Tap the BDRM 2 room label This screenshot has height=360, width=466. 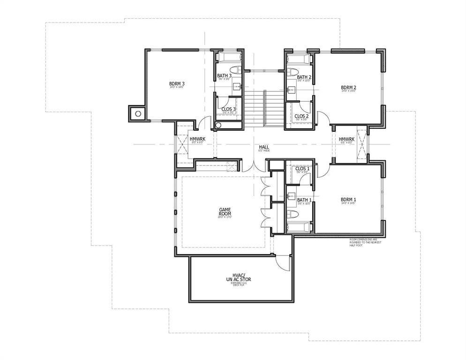(x=349, y=87)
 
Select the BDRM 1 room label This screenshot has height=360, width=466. (x=348, y=200)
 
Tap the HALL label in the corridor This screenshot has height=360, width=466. (x=264, y=147)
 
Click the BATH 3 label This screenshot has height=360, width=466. (x=224, y=76)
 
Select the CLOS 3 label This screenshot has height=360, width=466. (x=228, y=109)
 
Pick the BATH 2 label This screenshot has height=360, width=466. (x=304, y=77)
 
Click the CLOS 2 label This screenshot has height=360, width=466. (x=301, y=116)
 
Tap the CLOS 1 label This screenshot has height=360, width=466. (x=302, y=169)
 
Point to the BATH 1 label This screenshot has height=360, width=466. (x=304, y=200)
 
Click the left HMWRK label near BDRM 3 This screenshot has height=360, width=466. (x=197, y=139)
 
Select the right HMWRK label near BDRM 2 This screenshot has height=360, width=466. (x=346, y=139)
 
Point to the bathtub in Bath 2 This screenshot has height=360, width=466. (x=298, y=60)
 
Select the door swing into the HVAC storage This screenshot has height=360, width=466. (x=283, y=262)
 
